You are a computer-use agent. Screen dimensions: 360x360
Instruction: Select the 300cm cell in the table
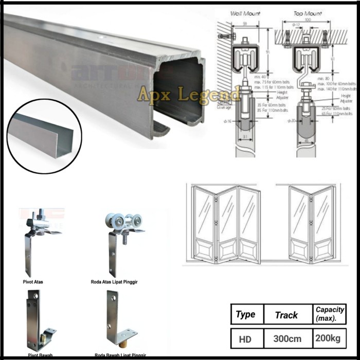pyautogui.click(x=286, y=339)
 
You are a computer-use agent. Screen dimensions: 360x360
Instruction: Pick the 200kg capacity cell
pyautogui.click(x=329, y=339)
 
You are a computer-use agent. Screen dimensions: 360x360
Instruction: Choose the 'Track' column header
pyautogui.click(x=286, y=314)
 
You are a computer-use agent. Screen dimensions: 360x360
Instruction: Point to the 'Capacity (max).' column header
pyautogui.click(x=329, y=314)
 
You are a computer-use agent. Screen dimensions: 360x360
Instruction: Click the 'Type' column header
pyautogui.click(x=245, y=314)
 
